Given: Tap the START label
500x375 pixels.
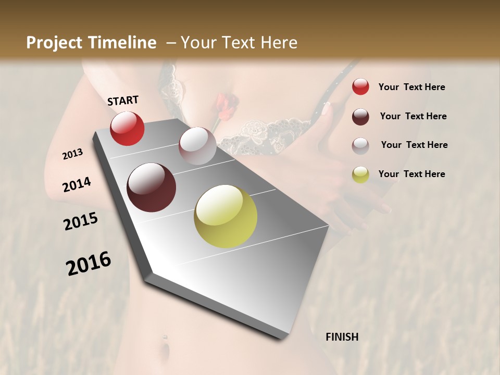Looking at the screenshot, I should tap(123, 101).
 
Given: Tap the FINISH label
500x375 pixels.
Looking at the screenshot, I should tap(342, 337).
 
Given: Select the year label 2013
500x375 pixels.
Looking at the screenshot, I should tap(73, 154).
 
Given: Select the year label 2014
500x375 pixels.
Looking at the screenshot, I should tap(77, 185).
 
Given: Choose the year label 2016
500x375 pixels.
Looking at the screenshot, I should tap(89, 264).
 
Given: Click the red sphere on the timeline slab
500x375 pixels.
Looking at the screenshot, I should tap(127, 128).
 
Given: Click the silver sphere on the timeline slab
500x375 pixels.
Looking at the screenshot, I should tap(197, 145).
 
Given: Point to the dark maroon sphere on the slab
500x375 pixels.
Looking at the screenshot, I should tap(152, 187).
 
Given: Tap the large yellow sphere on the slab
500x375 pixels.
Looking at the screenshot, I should tap(226, 216).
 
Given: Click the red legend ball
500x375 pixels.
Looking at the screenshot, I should tap(360, 87).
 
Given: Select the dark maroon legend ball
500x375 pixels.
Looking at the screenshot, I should tap(360, 116).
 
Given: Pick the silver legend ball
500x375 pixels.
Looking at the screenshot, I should tap(360, 145).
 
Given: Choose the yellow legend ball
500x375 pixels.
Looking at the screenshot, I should tap(360, 174).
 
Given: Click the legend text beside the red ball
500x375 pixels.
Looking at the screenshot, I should tap(412, 87).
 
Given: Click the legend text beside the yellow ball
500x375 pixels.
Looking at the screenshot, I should tap(412, 174).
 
